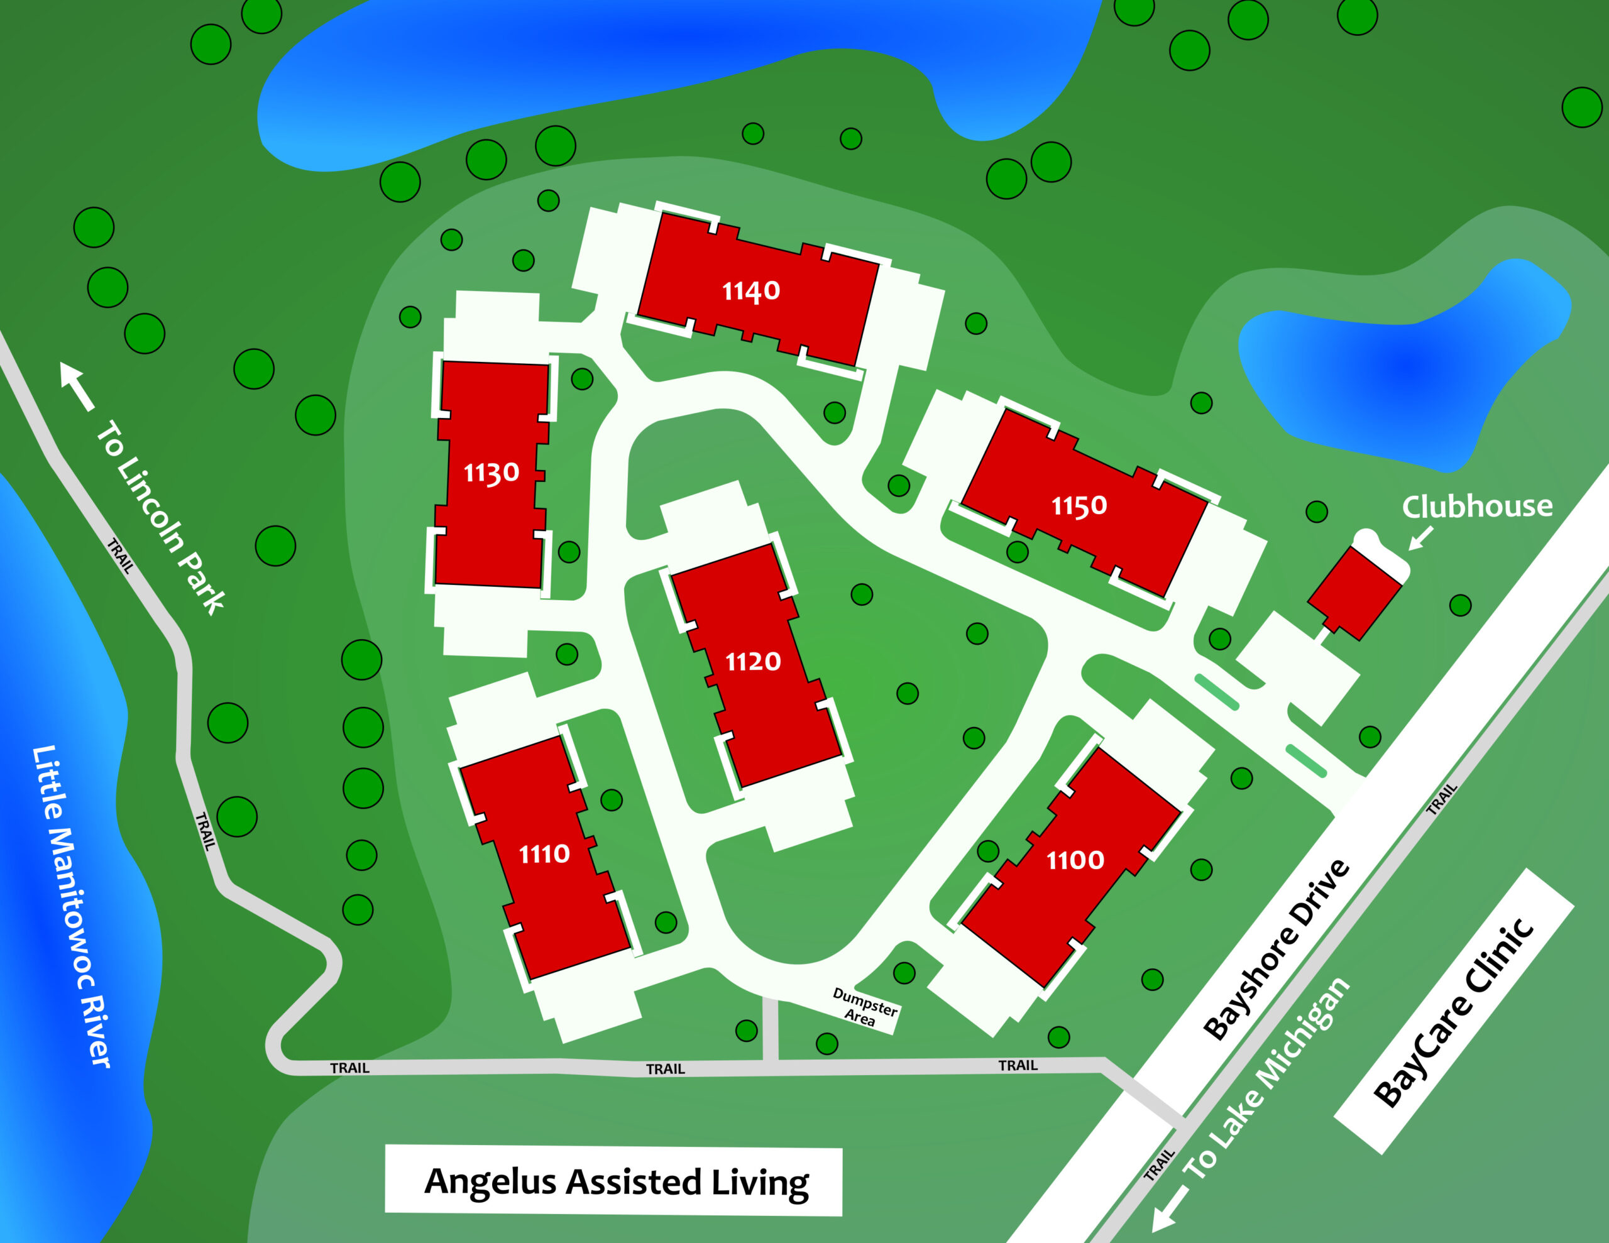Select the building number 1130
point(491,473)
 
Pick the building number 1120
point(753,662)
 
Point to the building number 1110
point(544,854)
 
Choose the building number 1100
point(1075,860)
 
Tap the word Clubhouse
point(1477,507)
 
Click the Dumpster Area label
point(864,1007)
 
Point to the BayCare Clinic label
point(1454,1014)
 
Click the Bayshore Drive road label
point(1277,951)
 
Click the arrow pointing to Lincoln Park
point(77,385)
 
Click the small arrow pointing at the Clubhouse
point(1420,538)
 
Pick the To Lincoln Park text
point(161,517)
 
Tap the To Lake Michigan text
point(1266,1079)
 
